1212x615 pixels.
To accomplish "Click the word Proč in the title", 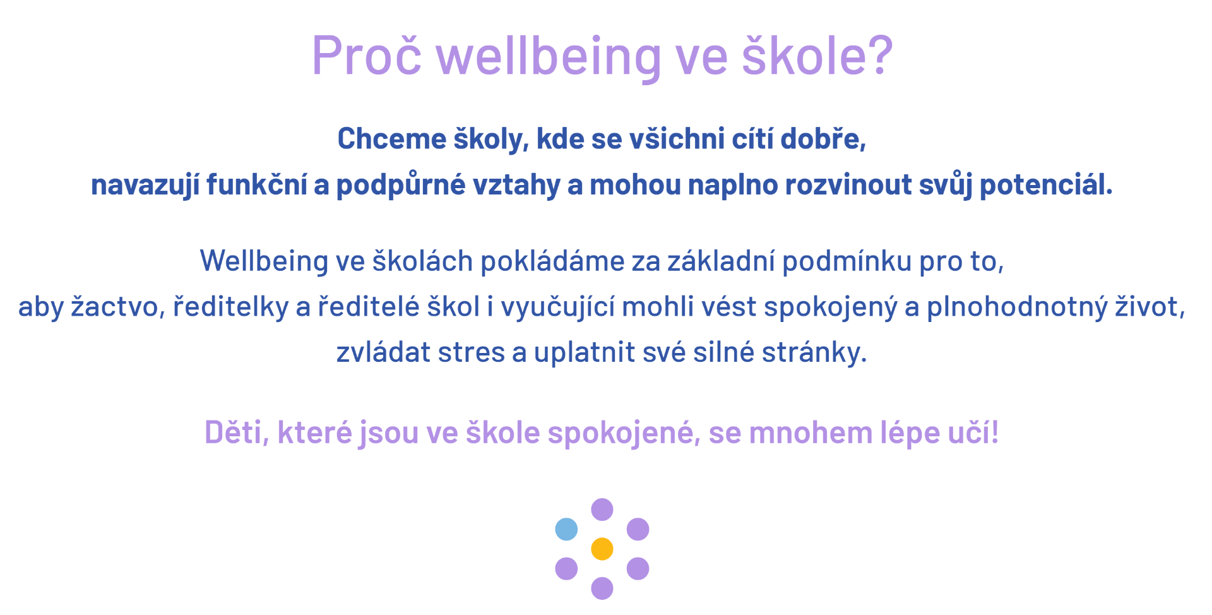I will (367, 56).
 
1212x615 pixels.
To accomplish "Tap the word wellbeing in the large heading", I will (549, 57).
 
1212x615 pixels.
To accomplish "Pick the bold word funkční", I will (256, 185).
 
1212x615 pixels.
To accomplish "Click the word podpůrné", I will (401, 185).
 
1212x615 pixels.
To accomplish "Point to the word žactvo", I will (117, 307).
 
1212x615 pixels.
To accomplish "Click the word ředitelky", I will (230, 307).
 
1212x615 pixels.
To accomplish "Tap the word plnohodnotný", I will (1017, 307).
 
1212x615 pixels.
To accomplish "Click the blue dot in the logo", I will (566, 529).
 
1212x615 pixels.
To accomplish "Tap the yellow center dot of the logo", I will (602, 549).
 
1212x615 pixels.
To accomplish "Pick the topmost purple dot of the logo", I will (602, 510).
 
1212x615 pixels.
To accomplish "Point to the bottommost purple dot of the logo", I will (602, 588).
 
